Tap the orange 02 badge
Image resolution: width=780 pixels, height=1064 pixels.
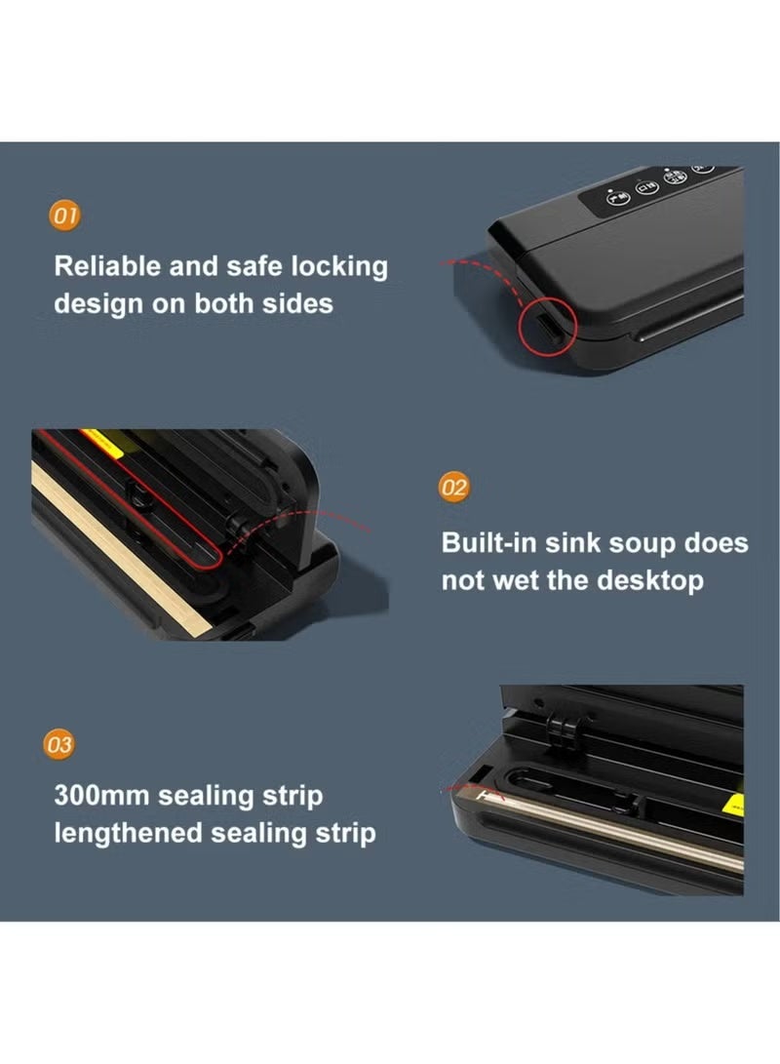pyautogui.click(x=454, y=487)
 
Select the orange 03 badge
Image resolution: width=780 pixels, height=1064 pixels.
pyautogui.click(x=60, y=746)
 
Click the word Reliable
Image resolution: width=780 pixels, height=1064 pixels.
pyautogui.click(x=108, y=267)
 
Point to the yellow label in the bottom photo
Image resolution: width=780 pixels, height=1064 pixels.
pyautogui.click(x=735, y=802)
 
